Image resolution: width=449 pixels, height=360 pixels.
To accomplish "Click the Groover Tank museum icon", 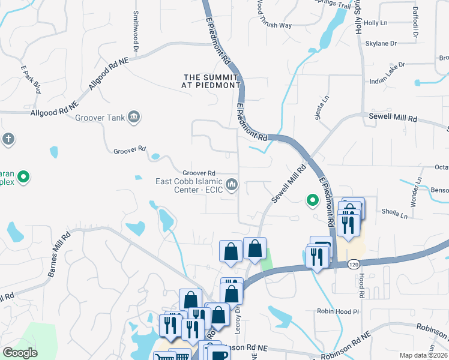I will [x=133, y=117].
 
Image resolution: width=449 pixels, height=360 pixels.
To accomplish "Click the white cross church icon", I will [x=7, y=139].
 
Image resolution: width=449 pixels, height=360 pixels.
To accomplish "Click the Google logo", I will [x=20, y=353].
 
